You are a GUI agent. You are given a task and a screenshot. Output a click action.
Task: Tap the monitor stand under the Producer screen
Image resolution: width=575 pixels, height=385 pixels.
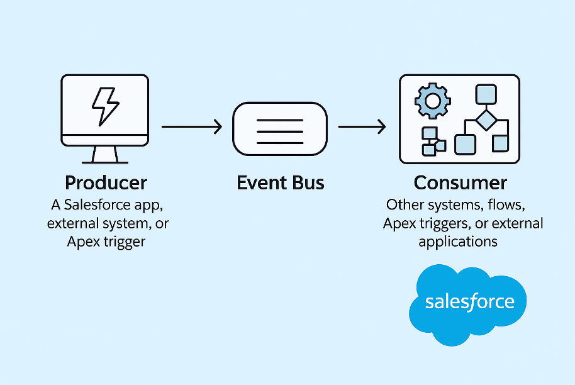[104, 154]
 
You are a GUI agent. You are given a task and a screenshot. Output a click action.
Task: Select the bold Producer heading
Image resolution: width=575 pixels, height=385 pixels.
[106, 183]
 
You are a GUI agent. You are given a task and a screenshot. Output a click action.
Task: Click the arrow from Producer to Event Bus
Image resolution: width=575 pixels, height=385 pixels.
[192, 127]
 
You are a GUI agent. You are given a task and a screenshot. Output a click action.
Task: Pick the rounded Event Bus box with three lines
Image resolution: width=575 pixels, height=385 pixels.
[280, 128]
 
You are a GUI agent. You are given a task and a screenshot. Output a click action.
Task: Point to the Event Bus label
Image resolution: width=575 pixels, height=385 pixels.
[281, 183]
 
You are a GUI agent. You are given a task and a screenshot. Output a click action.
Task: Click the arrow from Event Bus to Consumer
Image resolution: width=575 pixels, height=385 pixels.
[362, 127]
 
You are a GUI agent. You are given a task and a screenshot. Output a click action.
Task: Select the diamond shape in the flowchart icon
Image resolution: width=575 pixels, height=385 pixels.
[484, 120]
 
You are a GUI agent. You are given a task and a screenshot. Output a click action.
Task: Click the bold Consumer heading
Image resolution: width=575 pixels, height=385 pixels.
[461, 183]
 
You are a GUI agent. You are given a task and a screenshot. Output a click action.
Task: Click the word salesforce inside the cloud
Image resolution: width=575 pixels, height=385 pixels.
[469, 301]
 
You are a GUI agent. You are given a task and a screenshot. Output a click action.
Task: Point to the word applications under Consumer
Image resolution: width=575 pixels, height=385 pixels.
[458, 242]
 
